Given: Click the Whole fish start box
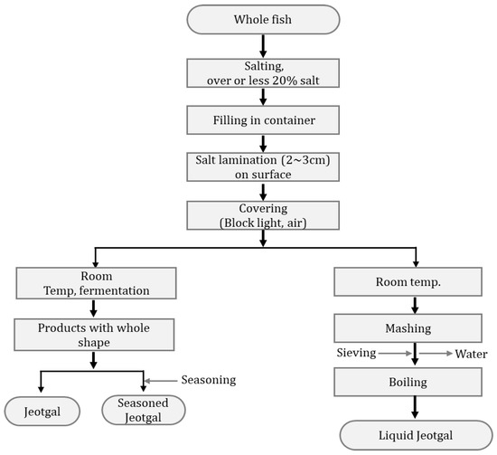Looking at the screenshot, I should pos(263,19).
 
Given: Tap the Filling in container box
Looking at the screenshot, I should pos(263,119).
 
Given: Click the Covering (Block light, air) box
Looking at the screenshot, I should pos(263,214).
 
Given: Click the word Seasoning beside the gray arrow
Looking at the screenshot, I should pos(209,379).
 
